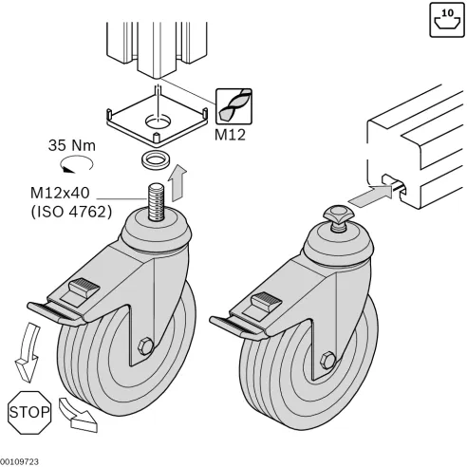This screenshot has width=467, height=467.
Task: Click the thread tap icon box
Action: pyautogui.click(x=233, y=103)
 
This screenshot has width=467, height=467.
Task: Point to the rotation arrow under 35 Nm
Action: pyautogui.click(x=68, y=164)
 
